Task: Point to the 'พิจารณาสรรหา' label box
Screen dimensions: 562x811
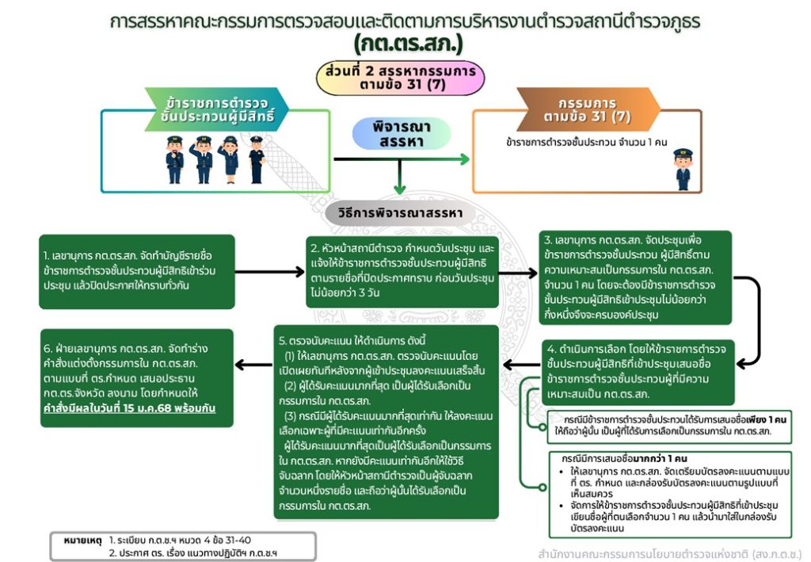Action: [401, 134]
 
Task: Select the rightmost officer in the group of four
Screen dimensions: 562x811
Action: [256, 159]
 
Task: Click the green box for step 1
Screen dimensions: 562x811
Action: [137, 271]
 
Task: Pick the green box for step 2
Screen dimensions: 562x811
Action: [402, 270]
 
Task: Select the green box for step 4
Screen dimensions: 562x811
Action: [638, 372]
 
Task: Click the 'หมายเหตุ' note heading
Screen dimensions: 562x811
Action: [86, 540]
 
